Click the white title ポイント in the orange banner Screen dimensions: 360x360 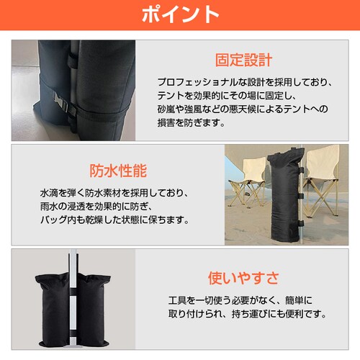pos(179,14)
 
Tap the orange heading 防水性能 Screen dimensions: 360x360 pos(118,171)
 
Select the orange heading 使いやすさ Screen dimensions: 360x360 pos(243,278)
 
